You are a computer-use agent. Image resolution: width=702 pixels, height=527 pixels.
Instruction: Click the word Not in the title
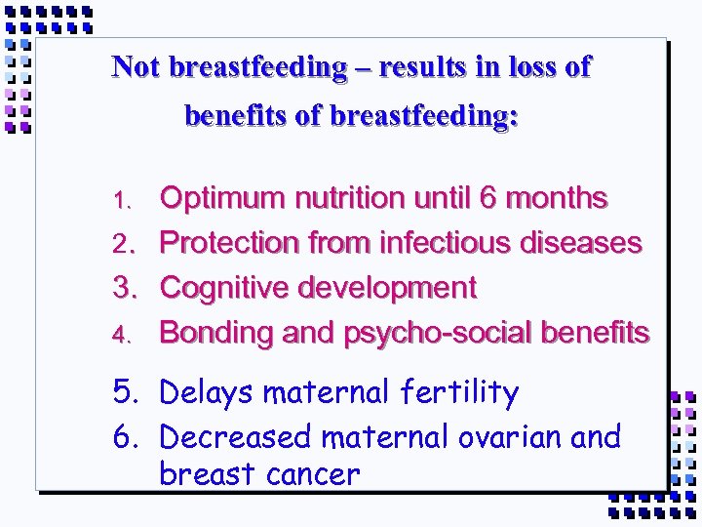pyautogui.click(x=136, y=67)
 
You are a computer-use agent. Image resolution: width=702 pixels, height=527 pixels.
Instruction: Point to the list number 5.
pyautogui.click(x=124, y=393)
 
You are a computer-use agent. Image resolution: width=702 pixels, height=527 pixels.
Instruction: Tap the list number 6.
pyautogui.click(x=124, y=437)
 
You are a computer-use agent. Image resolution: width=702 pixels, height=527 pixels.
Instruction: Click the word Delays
pyautogui.click(x=207, y=393)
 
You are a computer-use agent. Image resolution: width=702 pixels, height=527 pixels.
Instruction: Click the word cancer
pyautogui.click(x=313, y=475)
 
